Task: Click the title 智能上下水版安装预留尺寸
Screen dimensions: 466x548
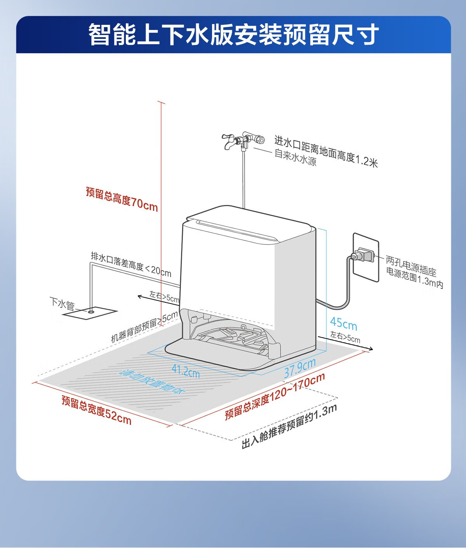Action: [233, 35]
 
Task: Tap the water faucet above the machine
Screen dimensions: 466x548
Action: [243, 140]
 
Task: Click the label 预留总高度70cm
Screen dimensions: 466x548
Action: [122, 199]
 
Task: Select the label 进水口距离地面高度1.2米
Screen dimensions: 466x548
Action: [326, 151]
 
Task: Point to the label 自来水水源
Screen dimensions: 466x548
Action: [295, 158]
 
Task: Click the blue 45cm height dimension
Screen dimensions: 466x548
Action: [343, 324]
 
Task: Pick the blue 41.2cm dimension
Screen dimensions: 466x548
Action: [186, 371]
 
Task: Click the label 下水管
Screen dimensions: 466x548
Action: [62, 303]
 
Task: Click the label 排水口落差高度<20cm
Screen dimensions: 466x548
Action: [131, 264]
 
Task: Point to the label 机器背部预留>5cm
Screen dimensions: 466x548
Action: [144, 326]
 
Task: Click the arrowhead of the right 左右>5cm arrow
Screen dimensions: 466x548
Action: [371, 349]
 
